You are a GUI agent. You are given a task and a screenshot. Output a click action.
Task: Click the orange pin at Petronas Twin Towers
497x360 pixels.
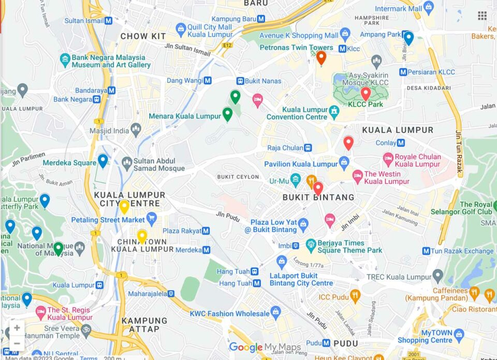click(321, 57)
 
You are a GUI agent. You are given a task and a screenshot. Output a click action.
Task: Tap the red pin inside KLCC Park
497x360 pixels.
click(366, 93)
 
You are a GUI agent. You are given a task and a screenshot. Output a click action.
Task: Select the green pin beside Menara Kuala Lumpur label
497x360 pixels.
click(227, 114)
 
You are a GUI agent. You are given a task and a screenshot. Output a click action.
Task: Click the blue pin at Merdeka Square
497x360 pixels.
click(103, 161)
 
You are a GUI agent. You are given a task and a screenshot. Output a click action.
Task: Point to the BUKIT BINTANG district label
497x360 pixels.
click(318, 197)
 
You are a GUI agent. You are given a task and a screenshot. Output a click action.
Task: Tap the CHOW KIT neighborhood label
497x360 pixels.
click(143, 36)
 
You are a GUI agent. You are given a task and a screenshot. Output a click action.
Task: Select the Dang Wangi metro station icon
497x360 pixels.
click(207, 81)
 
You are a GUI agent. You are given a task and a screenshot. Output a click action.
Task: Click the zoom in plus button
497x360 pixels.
click(17, 328)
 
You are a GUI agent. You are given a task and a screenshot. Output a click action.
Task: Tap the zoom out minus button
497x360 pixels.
click(17, 343)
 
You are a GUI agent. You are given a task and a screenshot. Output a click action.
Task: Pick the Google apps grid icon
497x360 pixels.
click(482, 16)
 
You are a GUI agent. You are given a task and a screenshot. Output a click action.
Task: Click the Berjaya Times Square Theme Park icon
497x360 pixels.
click(311, 243)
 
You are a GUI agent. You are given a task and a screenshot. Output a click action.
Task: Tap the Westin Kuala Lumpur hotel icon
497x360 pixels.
click(357, 177)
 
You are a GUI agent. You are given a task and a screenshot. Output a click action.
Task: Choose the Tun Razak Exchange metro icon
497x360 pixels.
click(426, 251)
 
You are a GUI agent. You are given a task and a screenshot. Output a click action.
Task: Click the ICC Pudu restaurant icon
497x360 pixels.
click(355, 296)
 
